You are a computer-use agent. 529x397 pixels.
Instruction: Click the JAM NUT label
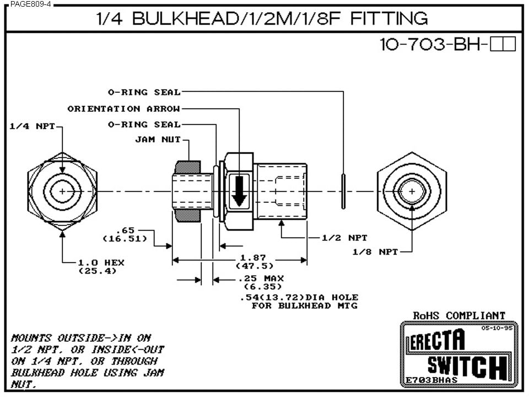tap(158, 140)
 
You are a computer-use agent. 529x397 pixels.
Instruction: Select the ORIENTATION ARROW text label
tap(123, 109)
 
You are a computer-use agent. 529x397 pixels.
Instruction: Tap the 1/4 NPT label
tap(33, 126)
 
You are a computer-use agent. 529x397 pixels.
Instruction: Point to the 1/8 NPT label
tap(375, 251)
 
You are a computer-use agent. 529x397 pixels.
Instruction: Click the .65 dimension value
tap(125, 229)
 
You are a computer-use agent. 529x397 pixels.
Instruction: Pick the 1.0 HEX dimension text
tap(101, 262)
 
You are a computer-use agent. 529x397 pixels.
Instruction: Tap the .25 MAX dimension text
tap(262, 278)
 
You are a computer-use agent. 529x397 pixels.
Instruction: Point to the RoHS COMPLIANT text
tap(459, 315)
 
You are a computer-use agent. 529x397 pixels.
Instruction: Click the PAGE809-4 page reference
tap(27, 3)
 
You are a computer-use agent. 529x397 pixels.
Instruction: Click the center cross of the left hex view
tap(63, 191)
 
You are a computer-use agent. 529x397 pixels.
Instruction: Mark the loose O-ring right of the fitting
tap(343, 191)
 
